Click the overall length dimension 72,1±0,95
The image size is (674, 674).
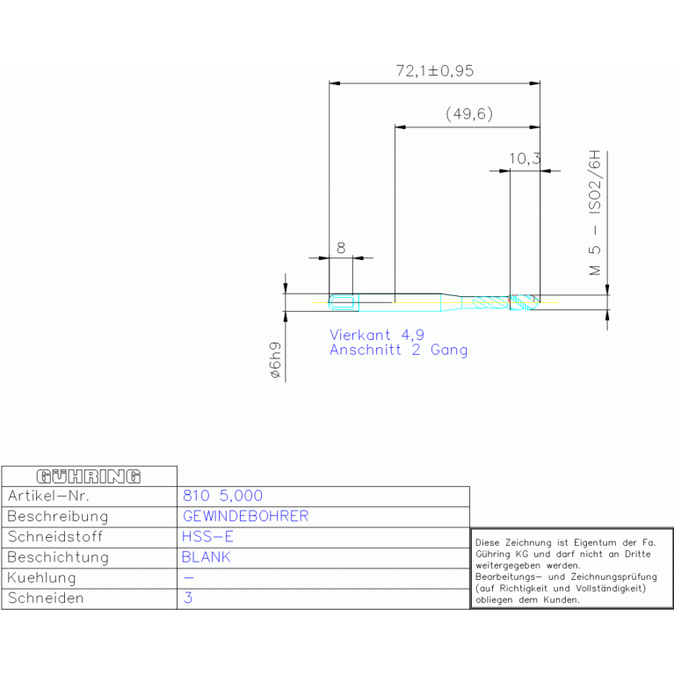point(435,71)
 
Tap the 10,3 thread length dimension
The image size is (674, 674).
point(525,159)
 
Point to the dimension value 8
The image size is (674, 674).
point(341,248)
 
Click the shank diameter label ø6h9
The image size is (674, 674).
point(275,360)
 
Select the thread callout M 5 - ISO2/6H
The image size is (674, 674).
point(595,213)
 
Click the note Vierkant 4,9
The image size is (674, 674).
point(377,335)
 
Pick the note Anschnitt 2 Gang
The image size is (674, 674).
point(398,350)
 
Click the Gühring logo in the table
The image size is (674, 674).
point(89,476)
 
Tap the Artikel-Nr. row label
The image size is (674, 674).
point(48,496)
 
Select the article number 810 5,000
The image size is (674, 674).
point(222,496)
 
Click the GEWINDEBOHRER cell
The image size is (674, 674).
point(246,516)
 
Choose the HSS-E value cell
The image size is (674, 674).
point(207,537)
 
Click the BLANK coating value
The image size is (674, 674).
point(207,557)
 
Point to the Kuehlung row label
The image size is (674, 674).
point(41,578)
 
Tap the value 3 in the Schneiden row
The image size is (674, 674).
point(188,598)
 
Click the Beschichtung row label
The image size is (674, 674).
point(58,557)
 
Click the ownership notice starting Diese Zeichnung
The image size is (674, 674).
point(566,571)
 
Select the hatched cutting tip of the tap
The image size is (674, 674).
point(524,302)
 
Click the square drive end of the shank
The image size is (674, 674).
point(344,302)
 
